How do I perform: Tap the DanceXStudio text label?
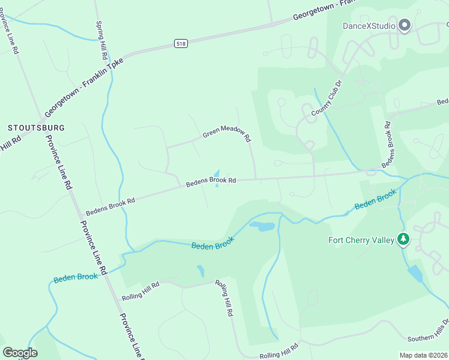click(369, 26)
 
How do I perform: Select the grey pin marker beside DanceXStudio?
click(404, 25)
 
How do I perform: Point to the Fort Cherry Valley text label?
click(361, 241)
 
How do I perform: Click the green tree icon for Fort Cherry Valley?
click(404, 240)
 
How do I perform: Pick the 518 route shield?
click(181, 43)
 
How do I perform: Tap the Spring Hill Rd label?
click(102, 40)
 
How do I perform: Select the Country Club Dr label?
click(327, 98)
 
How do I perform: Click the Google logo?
click(20, 353)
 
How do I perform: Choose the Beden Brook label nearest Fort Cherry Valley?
click(376, 199)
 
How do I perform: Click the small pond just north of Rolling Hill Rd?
click(200, 271)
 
